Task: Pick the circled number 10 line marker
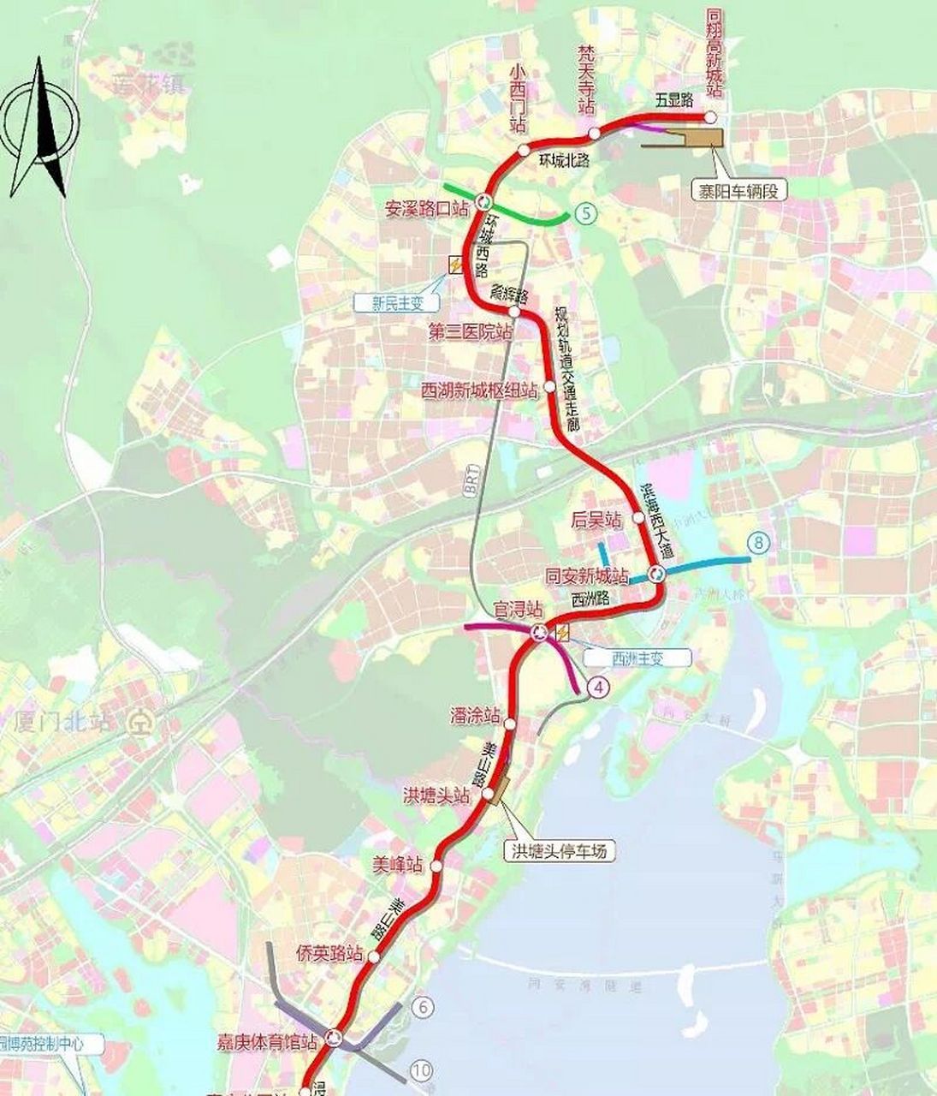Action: pyautogui.click(x=420, y=1069)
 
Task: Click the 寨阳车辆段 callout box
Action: pyautogui.click(x=740, y=190)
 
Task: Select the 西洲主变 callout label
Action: pyautogui.click(x=638, y=658)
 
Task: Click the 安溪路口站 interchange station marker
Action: pyautogui.click(x=483, y=202)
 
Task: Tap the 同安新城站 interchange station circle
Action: pyautogui.click(x=656, y=575)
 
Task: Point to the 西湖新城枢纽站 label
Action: pyautogui.click(x=480, y=390)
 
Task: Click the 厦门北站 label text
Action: pyautogui.click(x=64, y=721)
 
